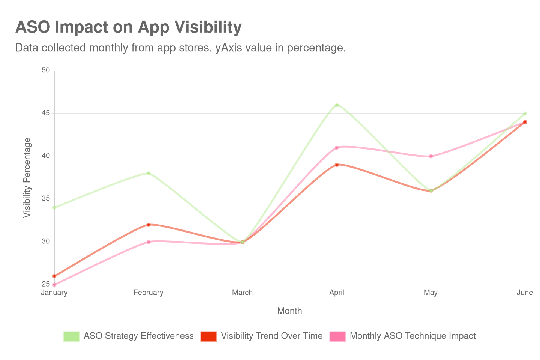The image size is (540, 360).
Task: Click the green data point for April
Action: pyautogui.click(x=337, y=105)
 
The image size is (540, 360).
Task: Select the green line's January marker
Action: pyautogui.click(x=54, y=207)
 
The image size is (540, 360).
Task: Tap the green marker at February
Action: pyautogui.click(x=148, y=173)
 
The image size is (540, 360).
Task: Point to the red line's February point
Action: pyautogui.click(x=148, y=225)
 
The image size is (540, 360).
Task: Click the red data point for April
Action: pyautogui.click(x=337, y=165)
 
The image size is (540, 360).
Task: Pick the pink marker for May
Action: pyautogui.click(x=431, y=156)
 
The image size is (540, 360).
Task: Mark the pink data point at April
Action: pyautogui.click(x=337, y=147)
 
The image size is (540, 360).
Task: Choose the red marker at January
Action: pyautogui.click(x=54, y=276)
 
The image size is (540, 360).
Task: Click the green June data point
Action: pyautogui.click(x=525, y=113)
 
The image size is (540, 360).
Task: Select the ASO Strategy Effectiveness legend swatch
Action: pyautogui.click(x=72, y=336)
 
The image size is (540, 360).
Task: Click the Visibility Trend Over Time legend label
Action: pyautogui.click(x=271, y=336)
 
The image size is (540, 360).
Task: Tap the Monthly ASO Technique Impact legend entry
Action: pyautogui.click(x=412, y=336)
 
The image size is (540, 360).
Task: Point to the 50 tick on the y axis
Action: pyautogui.click(x=46, y=70)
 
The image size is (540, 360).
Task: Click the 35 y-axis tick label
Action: pyautogui.click(x=46, y=198)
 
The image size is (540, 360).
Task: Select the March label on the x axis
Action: pyautogui.click(x=243, y=292)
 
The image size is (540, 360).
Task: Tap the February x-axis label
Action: pyautogui.click(x=148, y=292)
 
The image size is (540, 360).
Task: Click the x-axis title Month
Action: pyautogui.click(x=289, y=311)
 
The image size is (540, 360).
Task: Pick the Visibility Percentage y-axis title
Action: pyautogui.click(x=27, y=177)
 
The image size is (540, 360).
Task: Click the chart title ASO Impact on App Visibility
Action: pyautogui.click(x=129, y=27)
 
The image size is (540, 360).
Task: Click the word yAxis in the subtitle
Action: pyautogui.click(x=229, y=48)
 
